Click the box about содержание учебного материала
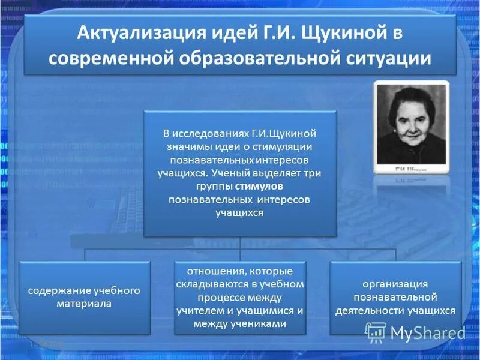tap(85, 297)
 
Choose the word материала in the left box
tap(85, 304)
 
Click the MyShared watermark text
tap(427, 332)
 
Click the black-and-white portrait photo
tap(411, 122)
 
